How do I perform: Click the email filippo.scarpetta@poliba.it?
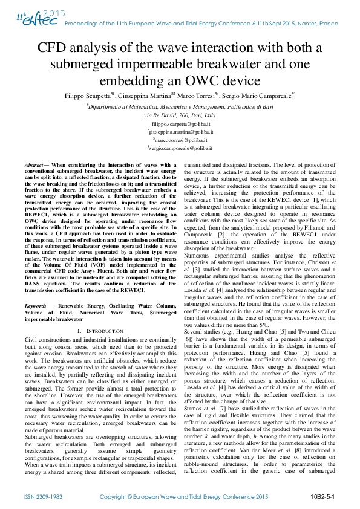click(180, 122)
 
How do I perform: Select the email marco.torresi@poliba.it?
click(180, 139)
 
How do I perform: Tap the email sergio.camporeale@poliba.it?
click(180, 148)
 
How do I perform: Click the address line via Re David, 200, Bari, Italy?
click(180, 114)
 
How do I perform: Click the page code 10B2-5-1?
click(323, 497)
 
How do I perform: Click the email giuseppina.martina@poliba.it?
click(180, 131)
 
